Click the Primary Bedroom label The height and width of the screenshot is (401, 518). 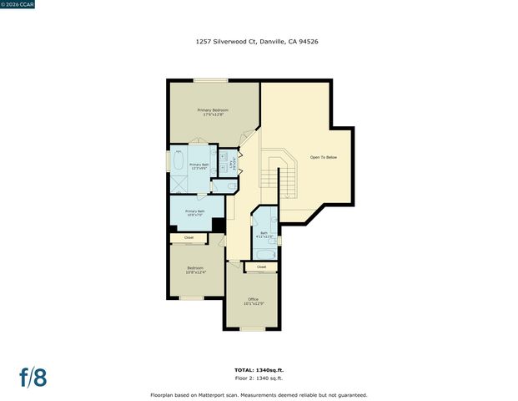(213, 112)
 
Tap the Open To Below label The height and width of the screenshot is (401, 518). (324, 157)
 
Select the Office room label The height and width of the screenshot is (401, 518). (253, 301)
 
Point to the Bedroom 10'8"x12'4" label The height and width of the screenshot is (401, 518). (195, 269)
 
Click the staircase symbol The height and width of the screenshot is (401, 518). (274, 175)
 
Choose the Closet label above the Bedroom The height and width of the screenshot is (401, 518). (189, 238)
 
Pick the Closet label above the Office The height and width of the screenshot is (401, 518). (261, 266)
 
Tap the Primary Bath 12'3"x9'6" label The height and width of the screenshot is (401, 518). (199, 166)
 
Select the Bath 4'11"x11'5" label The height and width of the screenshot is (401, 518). (264, 235)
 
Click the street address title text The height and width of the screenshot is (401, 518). (258, 39)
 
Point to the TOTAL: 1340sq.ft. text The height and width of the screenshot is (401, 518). (259, 369)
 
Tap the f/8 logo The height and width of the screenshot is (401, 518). (33, 377)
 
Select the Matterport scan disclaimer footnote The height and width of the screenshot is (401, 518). (259, 394)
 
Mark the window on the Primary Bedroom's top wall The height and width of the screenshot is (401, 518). (211, 80)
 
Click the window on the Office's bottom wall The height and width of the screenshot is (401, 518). (252, 328)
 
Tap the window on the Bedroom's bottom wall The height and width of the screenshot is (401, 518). (192, 297)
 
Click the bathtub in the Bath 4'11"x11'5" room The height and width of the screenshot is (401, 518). (264, 254)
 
